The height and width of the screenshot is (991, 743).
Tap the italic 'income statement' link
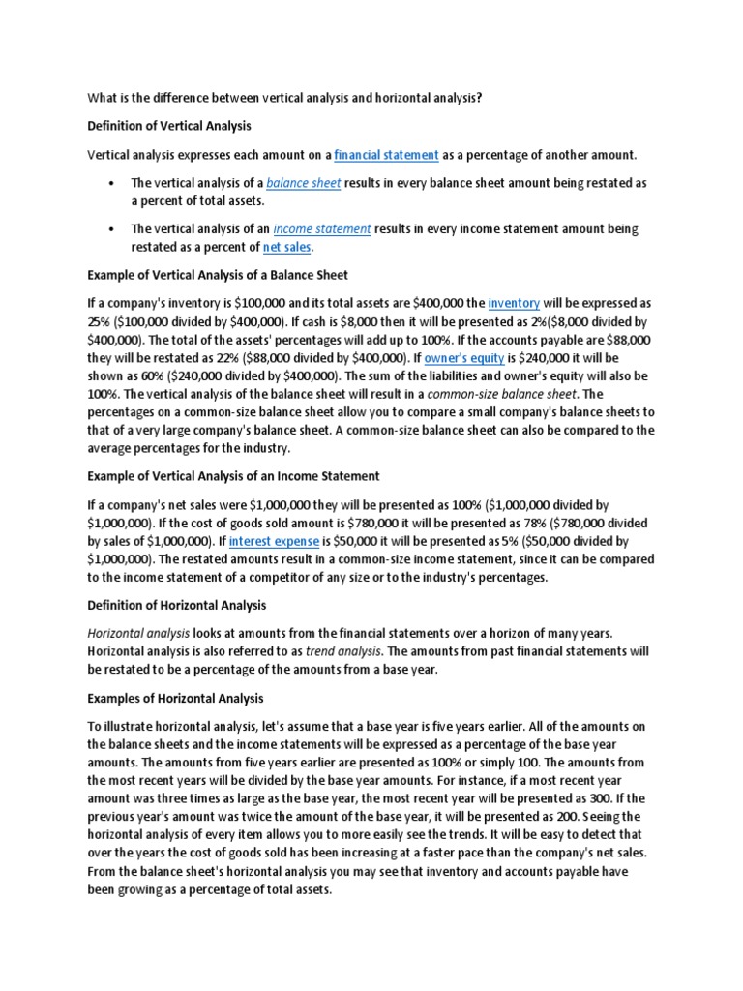[322, 229]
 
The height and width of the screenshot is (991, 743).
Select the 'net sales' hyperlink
[287, 247]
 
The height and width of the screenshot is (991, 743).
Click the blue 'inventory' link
[514, 303]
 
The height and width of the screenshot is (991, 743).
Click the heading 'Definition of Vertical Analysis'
[169, 126]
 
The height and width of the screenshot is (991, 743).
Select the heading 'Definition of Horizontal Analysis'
[176, 605]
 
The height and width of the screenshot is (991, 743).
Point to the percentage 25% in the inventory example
[100, 320]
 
